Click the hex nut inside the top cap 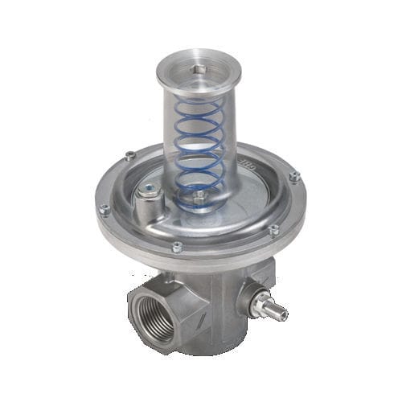199,71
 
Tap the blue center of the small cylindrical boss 149,190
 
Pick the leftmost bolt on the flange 105,210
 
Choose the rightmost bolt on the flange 295,175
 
